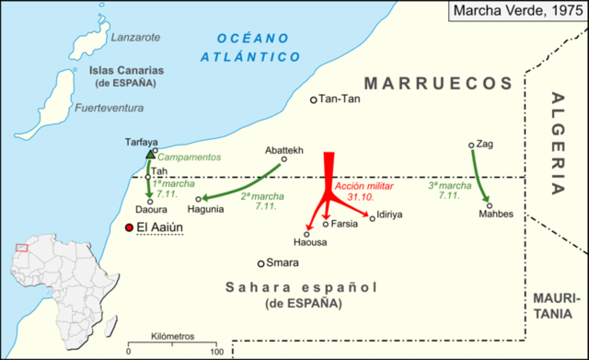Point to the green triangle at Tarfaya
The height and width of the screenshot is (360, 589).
pyautogui.click(x=150, y=154)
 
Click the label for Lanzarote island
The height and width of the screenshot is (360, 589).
pyautogui.click(x=135, y=38)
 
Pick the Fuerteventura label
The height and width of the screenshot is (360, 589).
pyautogui.click(x=110, y=109)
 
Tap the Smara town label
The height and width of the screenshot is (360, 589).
pyautogui.click(x=283, y=262)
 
